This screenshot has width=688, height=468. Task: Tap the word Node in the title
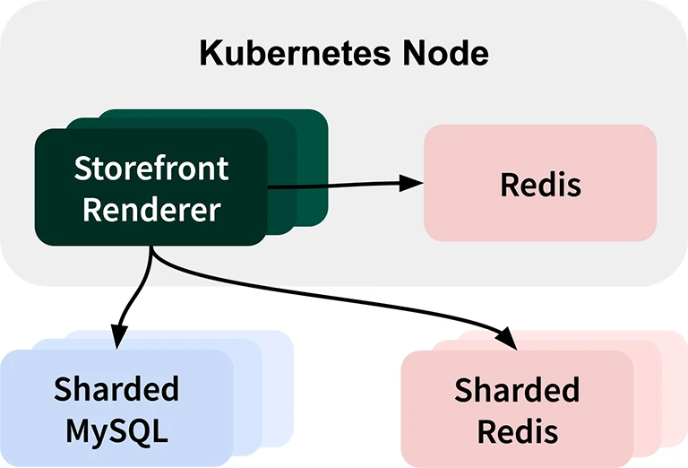pos(445,53)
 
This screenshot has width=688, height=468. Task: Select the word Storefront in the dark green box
pos(150,168)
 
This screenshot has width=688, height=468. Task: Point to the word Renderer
pos(150,210)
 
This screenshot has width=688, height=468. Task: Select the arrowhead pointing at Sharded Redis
pos(506,340)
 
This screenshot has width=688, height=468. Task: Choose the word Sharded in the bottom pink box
pos(517,390)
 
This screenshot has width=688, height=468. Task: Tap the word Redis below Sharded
pos(517,431)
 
